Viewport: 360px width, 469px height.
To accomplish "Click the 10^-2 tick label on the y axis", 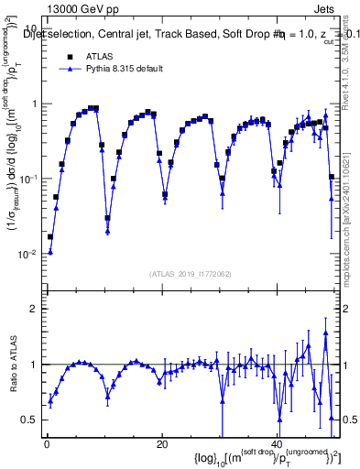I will (27, 254).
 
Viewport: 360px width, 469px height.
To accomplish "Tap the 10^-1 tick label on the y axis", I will (27, 179).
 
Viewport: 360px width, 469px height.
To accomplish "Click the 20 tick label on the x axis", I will (161, 443).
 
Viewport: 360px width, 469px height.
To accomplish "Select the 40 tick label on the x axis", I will (277, 443).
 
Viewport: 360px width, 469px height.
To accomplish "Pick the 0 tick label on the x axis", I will (47, 443).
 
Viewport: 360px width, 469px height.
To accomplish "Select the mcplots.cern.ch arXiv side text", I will (351, 211).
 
